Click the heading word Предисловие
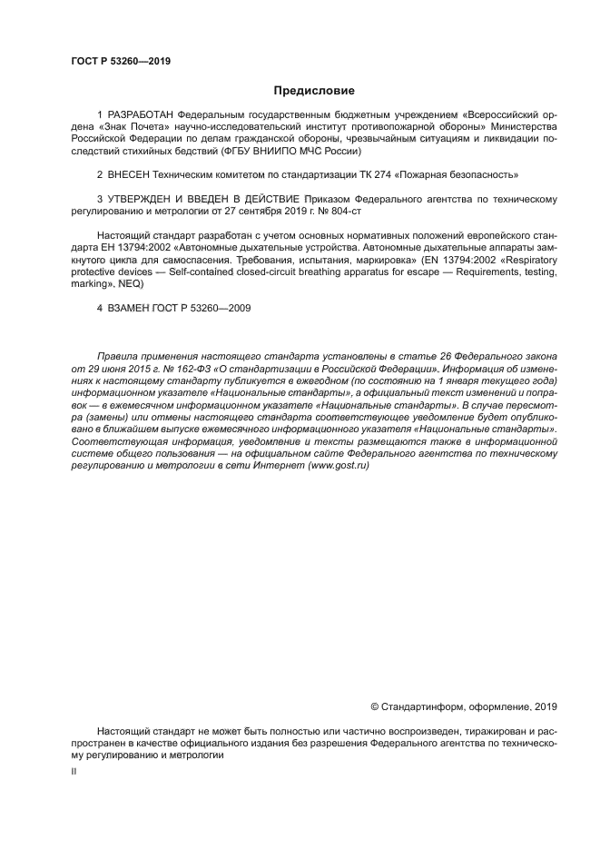tap(314, 91)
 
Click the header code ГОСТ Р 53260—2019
tap(121, 62)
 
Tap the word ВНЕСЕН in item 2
tap(131, 173)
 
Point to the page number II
tap(74, 770)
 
